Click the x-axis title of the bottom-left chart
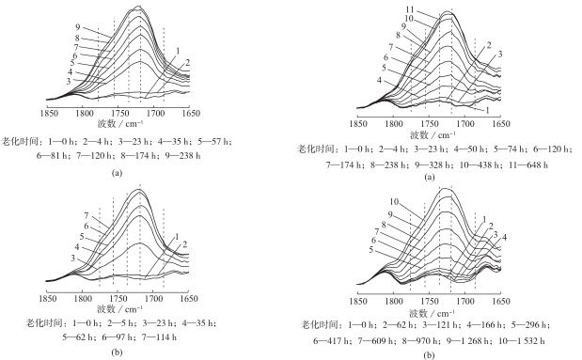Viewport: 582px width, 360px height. pos(118,308)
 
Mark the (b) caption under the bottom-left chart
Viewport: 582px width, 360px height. pos(117,352)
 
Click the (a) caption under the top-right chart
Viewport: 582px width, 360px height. pos(429,177)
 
